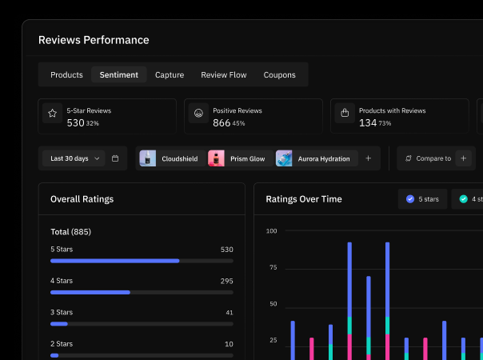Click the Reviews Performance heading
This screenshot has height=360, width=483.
94,40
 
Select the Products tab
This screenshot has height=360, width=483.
66,75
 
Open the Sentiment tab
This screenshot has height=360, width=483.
118,75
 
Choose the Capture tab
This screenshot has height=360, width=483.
170,75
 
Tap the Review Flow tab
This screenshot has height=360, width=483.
224,75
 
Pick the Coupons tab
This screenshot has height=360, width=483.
279,75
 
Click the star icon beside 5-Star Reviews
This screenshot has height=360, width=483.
52,114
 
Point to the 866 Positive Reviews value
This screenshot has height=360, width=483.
222,123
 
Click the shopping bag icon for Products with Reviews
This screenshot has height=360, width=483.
345,114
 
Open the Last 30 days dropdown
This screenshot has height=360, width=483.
73,158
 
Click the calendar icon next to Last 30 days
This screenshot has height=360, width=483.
115,158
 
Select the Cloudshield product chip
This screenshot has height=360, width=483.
170,158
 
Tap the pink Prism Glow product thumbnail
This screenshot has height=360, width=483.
216,158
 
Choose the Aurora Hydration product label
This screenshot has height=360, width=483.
323,158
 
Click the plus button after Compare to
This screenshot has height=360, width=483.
464,158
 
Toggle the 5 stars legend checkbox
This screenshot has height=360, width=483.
410,198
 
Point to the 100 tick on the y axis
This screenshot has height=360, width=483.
271,231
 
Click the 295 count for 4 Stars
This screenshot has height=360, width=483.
226,281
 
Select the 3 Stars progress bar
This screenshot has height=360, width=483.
142,324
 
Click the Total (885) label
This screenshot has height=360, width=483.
70,232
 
